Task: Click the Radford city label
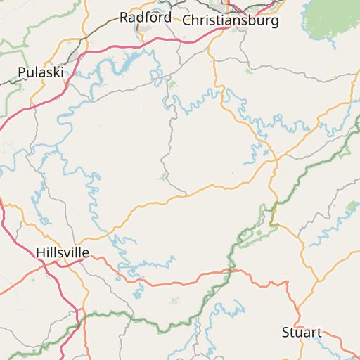pyautogui.click(x=145, y=17)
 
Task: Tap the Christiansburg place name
pyautogui.click(x=230, y=20)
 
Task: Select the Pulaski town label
pyautogui.click(x=40, y=72)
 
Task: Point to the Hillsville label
pyautogui.click(x=63, y=252)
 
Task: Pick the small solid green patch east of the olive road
pyautogui.click(x=352, y=205)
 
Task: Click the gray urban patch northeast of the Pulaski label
pyautogui.click(x=74, y=53)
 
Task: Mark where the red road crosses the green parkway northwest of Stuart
pyautogui.click(x=229, y=270)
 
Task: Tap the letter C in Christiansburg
pyautogui.click(x=187, y=20)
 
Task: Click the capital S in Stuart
pyautogui.click(x=285, y=332)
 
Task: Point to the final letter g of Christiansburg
pyautogui.click(x=274, y=22)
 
